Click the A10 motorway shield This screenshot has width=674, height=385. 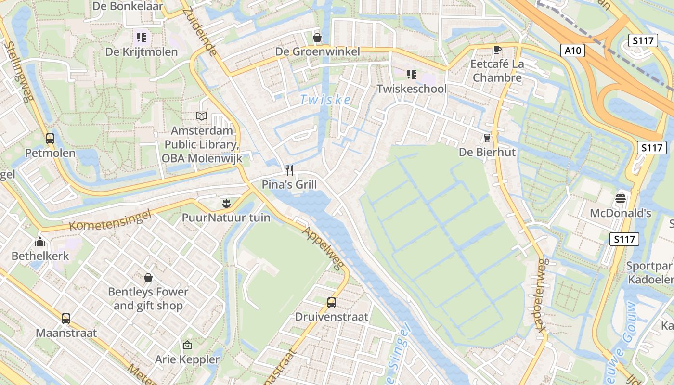coord(572,51)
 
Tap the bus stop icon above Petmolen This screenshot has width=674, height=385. coord(50,139)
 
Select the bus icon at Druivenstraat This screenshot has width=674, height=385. coord(332,302)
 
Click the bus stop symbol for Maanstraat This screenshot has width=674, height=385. coord(66,318)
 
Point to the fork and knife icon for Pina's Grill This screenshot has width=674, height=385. coord(289,170)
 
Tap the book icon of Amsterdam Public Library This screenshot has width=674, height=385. coord(202,116)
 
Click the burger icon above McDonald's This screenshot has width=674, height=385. coord(621,198)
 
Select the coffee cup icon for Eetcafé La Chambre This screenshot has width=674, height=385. coord(497,50)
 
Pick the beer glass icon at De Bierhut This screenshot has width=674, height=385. coord(487,138)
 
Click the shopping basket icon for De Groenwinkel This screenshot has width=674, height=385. coord(317,37)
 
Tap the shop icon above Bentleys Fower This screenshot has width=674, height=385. coord(148,277)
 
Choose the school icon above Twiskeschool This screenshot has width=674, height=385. coord(411,74)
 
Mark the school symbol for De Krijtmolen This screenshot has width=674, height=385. coord(141,37)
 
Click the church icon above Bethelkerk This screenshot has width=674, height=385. coord(40,241)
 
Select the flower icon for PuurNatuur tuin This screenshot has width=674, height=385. coord(226,203)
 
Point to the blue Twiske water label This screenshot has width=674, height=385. coord(325,100)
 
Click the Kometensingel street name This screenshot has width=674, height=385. coord(110,219)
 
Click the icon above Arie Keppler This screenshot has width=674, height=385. coord(187,345)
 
